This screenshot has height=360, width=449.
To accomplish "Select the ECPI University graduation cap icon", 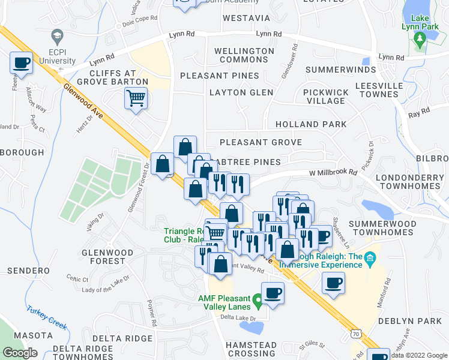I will pyautogui.click(x=57, y=36).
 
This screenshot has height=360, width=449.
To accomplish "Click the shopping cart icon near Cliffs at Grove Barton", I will pyautogui.click(x=136, y=98).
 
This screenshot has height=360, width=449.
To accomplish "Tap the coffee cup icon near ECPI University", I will pyautogui.click(x=22, y=63).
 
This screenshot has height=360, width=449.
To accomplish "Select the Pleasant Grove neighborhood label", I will pyautogui.click(x=261, y=142).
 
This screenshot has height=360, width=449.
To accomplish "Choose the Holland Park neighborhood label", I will pyautogui.click(x=311, y=124).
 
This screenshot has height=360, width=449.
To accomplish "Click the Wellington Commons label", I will pyautogui.click(x=244, y=55).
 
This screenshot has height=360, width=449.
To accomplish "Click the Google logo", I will pyautogui.click(x=20, y=353).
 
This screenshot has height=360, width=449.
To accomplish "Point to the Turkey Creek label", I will pyautogui.click(x=46, y=316).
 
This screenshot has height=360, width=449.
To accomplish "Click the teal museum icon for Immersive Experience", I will pyautogui.click(x=370, y=259).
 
